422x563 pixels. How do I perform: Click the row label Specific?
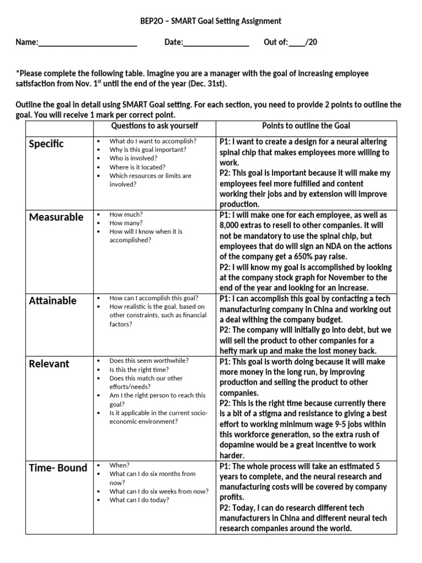coord(46,144)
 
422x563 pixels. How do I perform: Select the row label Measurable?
coord(56,217)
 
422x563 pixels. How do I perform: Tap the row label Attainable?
coord(53,301)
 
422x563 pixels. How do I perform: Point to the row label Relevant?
coord(49,364)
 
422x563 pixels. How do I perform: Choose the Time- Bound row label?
coord(58,468)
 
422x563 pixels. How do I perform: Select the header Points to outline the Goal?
coord(306,126)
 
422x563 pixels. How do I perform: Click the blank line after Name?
coord(87,42)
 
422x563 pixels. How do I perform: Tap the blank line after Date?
coord(216,42)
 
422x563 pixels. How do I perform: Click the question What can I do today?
coord(139,500)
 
